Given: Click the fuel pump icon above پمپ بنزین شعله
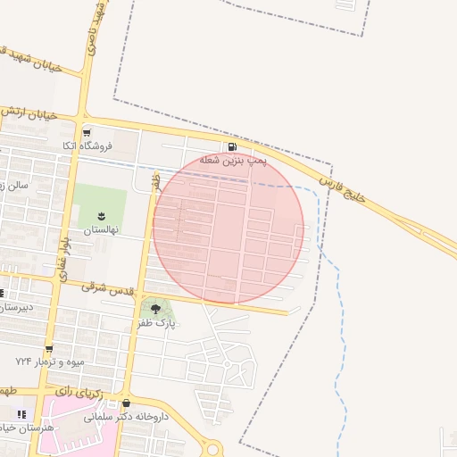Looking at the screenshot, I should point(232,147).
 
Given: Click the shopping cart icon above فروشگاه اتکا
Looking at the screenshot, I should point(97,131).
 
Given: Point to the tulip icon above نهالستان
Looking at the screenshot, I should point(100,215).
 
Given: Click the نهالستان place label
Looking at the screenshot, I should point(101,229).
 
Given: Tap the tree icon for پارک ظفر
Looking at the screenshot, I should point(155,309).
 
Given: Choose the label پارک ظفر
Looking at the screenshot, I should point(157,323).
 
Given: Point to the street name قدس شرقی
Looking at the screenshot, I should point(107,288).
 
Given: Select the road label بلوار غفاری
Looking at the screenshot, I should point(63,260).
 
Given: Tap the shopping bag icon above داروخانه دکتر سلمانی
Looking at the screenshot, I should point(126,403).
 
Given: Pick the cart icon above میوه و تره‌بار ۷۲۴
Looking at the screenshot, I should point(48,349).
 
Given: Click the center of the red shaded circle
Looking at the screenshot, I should point(228,228).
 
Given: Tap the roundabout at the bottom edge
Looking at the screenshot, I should point(212,449).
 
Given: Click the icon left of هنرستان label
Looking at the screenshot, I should point(21,414).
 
